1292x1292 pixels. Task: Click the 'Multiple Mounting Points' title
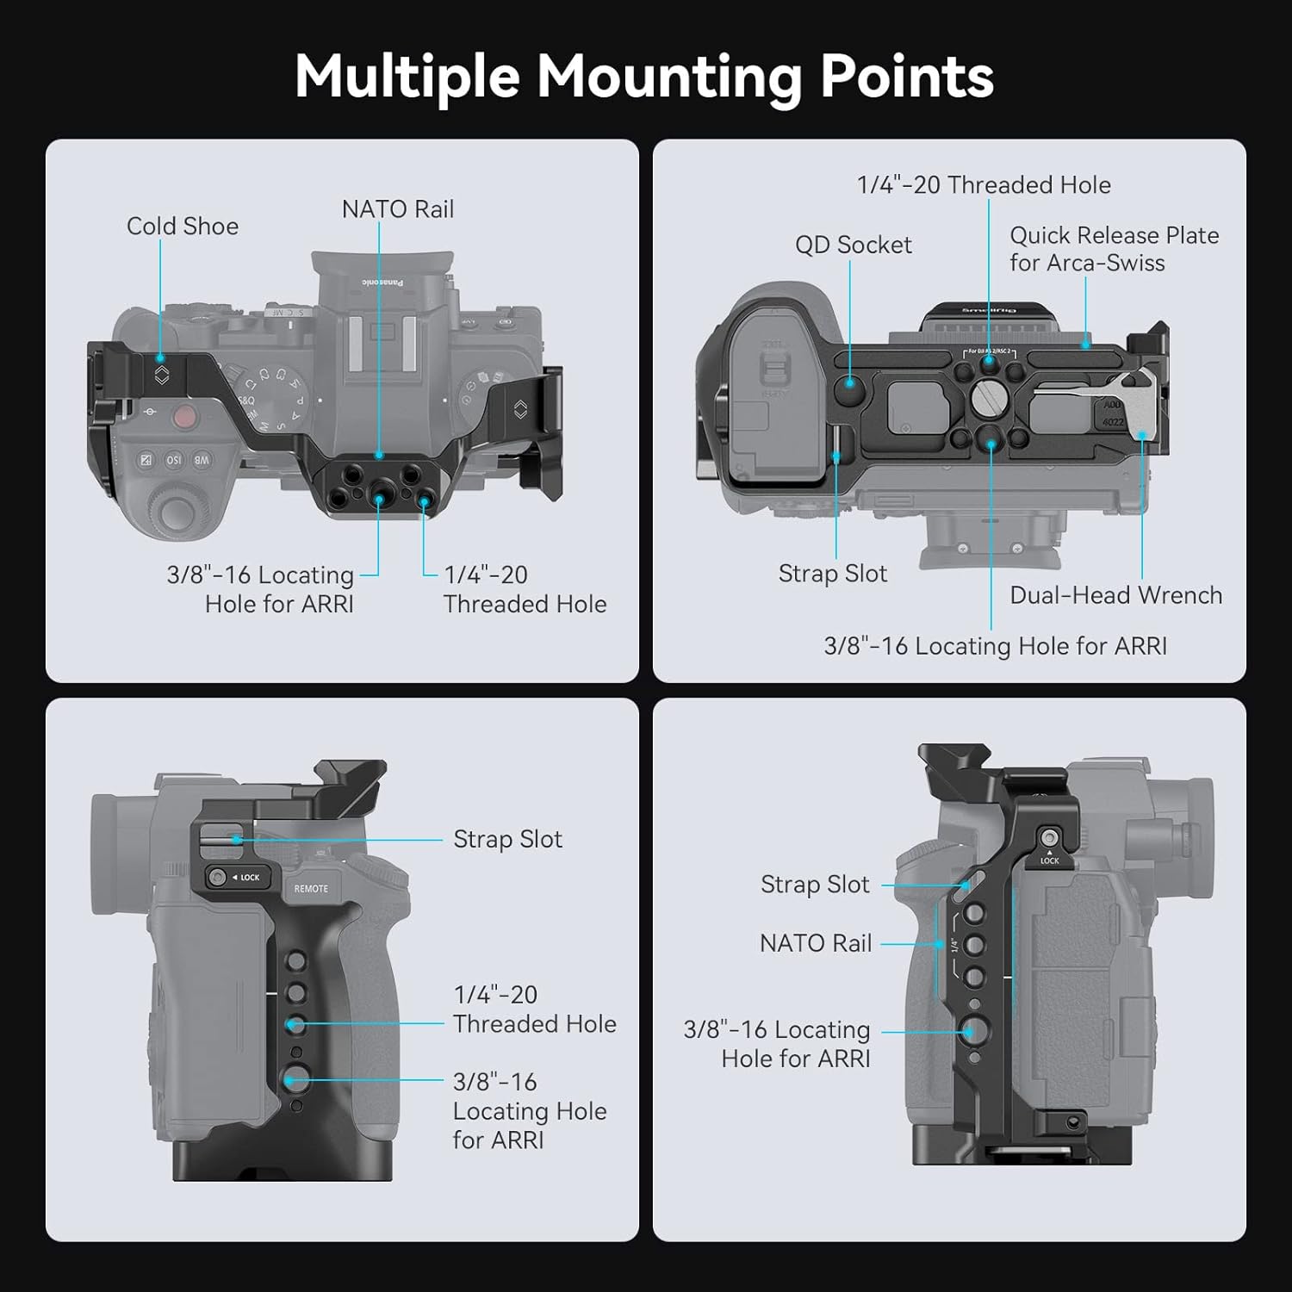[x=644, y=77]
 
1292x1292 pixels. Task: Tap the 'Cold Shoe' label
[x=183, y=226]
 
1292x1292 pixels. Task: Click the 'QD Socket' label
[x=853, y=245]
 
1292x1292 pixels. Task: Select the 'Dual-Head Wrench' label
[x=1115, y=595]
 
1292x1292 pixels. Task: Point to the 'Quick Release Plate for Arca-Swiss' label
[x=1114, y=249]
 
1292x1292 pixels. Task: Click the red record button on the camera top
[x=184, y=418]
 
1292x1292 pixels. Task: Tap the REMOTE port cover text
[x=311, y=889]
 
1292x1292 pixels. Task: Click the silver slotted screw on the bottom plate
[x=987, y=398]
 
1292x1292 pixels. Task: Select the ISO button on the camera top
[x=174, y=460]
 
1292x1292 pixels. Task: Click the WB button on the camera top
[x=202, y=460]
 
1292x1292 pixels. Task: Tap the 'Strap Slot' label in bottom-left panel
[x=507, y=839]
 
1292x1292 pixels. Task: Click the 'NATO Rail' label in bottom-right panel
[x=816, y=943]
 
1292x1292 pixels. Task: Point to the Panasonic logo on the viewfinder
[x=382, y=283]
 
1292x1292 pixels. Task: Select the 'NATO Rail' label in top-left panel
[x=397, y=209]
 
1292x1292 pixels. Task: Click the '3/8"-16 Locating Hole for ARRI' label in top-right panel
[x=995, y=646]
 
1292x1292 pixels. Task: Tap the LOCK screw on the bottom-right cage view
[x=1048, y=837]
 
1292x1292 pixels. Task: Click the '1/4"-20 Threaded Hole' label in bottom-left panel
[x=534, y=1009]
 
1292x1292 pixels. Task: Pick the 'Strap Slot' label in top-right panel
[x=832, y=574]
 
